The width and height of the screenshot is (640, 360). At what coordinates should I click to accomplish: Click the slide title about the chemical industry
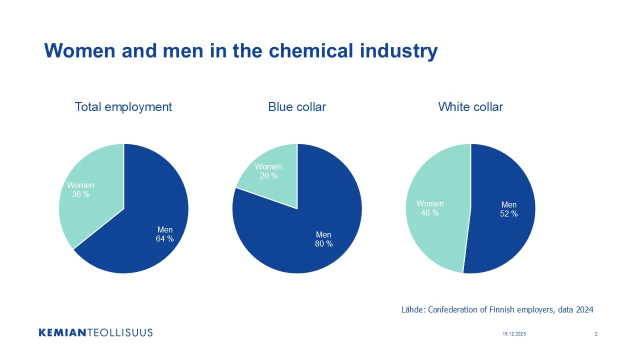point(240,51)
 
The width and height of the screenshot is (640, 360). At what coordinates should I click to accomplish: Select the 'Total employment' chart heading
point(123,106)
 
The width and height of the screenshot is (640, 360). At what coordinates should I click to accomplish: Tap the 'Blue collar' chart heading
point(297,106)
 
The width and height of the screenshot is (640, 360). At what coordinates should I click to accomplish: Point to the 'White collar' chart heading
point(470,106)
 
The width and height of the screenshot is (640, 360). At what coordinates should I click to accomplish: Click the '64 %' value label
point(164,239)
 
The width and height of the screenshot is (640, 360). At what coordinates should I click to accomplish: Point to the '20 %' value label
point(268,175)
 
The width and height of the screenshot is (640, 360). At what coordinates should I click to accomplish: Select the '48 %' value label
point(429,212)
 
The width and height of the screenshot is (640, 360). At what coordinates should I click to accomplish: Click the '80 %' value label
point(323,244)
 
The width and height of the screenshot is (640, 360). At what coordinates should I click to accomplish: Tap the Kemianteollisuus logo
point(95,332)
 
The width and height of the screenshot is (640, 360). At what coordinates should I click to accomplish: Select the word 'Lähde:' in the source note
point(412,310)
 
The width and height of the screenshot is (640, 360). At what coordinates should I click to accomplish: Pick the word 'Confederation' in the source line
point(453,310)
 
